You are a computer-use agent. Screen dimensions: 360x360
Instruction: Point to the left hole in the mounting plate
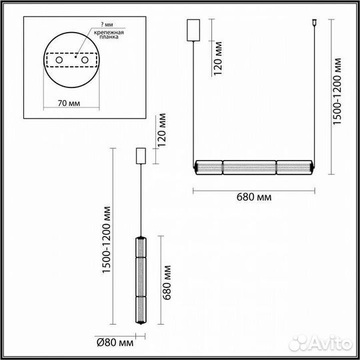pyautogui.click(x=59, y=61)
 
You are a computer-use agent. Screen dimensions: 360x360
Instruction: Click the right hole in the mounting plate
pyautogui.click(x=86, y=61)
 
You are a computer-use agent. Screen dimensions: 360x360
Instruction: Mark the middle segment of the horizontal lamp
pyautogui.click(x=249, y=166)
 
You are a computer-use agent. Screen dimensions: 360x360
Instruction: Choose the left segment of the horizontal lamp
pyautogui.click(x=208, y=166)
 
